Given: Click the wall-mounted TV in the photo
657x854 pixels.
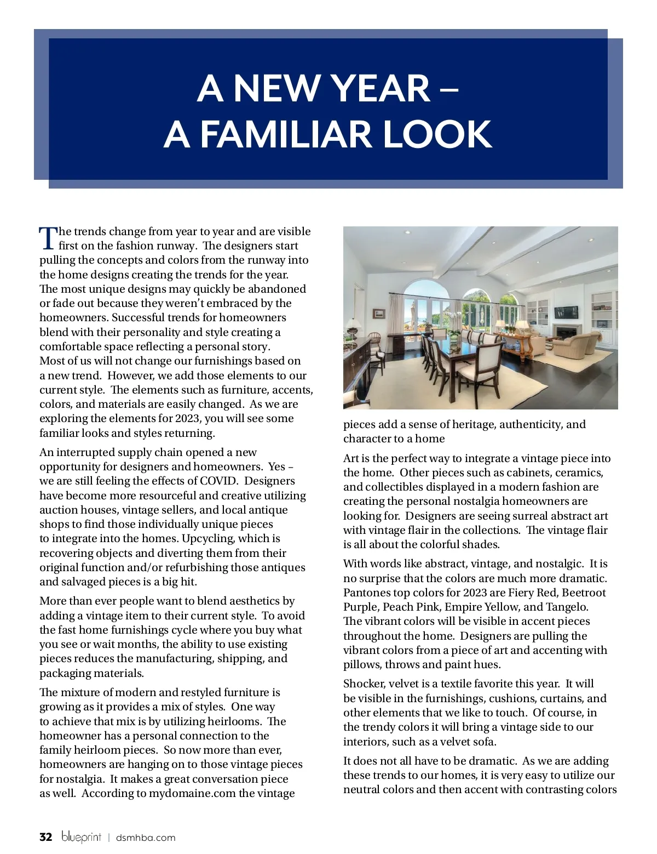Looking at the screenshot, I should [x=566, y=312].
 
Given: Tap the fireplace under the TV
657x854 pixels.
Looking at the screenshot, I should [x=566, y=332].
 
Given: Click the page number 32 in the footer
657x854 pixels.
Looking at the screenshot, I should [x=46, y=837].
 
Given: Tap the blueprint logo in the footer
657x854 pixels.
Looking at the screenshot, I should [x=81, y=837].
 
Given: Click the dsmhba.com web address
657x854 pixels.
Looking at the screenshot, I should [x=146, y=838].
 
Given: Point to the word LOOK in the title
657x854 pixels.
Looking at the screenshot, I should [x=437, y=135].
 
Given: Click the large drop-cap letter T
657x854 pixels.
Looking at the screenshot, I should [x=48, y=238].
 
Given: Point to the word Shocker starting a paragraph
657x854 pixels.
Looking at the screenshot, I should [x=364, y=684].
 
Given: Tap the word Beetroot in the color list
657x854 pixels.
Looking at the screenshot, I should [x=584, y=593].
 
